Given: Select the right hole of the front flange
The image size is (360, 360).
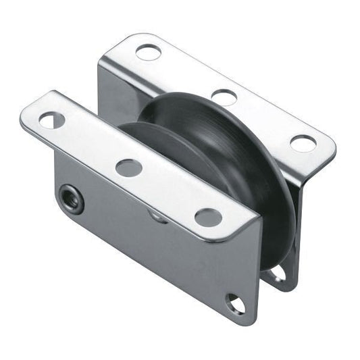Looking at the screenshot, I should tap(208, 217).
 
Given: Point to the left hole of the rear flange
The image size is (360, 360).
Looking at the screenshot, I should tap(147, 51).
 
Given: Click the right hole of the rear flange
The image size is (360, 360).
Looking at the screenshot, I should tap(302, 143).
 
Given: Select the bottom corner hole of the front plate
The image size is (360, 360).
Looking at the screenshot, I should tap(236, 303).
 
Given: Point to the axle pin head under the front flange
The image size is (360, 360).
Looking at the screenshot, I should tap(155, 215).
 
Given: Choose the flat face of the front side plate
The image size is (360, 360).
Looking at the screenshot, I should tap(149, 257).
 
